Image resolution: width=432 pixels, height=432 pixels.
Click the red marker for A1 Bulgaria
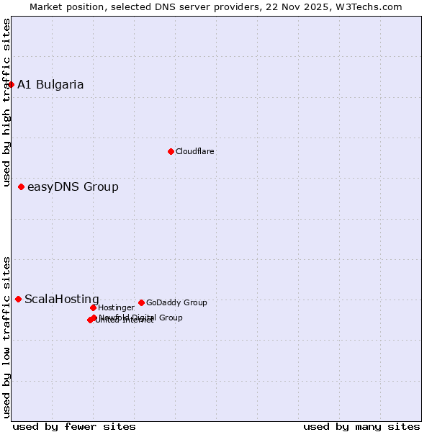11,84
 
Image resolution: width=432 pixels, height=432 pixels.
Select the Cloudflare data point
171,151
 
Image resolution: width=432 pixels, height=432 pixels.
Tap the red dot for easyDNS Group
21,187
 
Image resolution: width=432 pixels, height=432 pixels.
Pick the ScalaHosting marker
18,299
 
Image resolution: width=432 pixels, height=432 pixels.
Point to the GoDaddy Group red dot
141,302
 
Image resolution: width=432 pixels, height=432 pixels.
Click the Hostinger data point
93,307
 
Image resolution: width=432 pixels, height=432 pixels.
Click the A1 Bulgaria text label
50,85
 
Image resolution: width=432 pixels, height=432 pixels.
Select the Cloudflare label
194,151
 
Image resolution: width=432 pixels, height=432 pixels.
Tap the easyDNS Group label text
73,187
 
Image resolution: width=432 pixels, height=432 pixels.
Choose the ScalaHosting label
62,300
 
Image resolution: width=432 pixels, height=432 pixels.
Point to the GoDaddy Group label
176,303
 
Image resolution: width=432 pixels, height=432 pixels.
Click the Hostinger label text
116,307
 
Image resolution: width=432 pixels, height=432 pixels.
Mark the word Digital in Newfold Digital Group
145,318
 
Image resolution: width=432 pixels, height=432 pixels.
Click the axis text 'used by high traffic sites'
6,103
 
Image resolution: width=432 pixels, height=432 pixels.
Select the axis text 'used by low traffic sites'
6,336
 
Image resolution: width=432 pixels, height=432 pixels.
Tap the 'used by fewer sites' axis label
74,426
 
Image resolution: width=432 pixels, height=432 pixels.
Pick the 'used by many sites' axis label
361,426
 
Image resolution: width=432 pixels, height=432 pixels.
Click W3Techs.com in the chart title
371,7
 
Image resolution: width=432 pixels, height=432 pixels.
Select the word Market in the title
47,7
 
